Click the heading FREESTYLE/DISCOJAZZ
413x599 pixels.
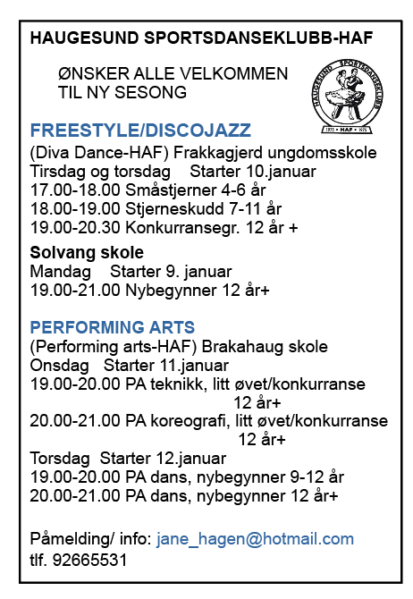[140, 130]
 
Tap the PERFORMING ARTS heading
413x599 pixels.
[113, 327]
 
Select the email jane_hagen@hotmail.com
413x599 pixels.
[255, 539]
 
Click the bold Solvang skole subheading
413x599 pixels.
[80, 252]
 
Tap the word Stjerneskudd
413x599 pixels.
[157, 209]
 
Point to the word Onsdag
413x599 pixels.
[60, 366]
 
